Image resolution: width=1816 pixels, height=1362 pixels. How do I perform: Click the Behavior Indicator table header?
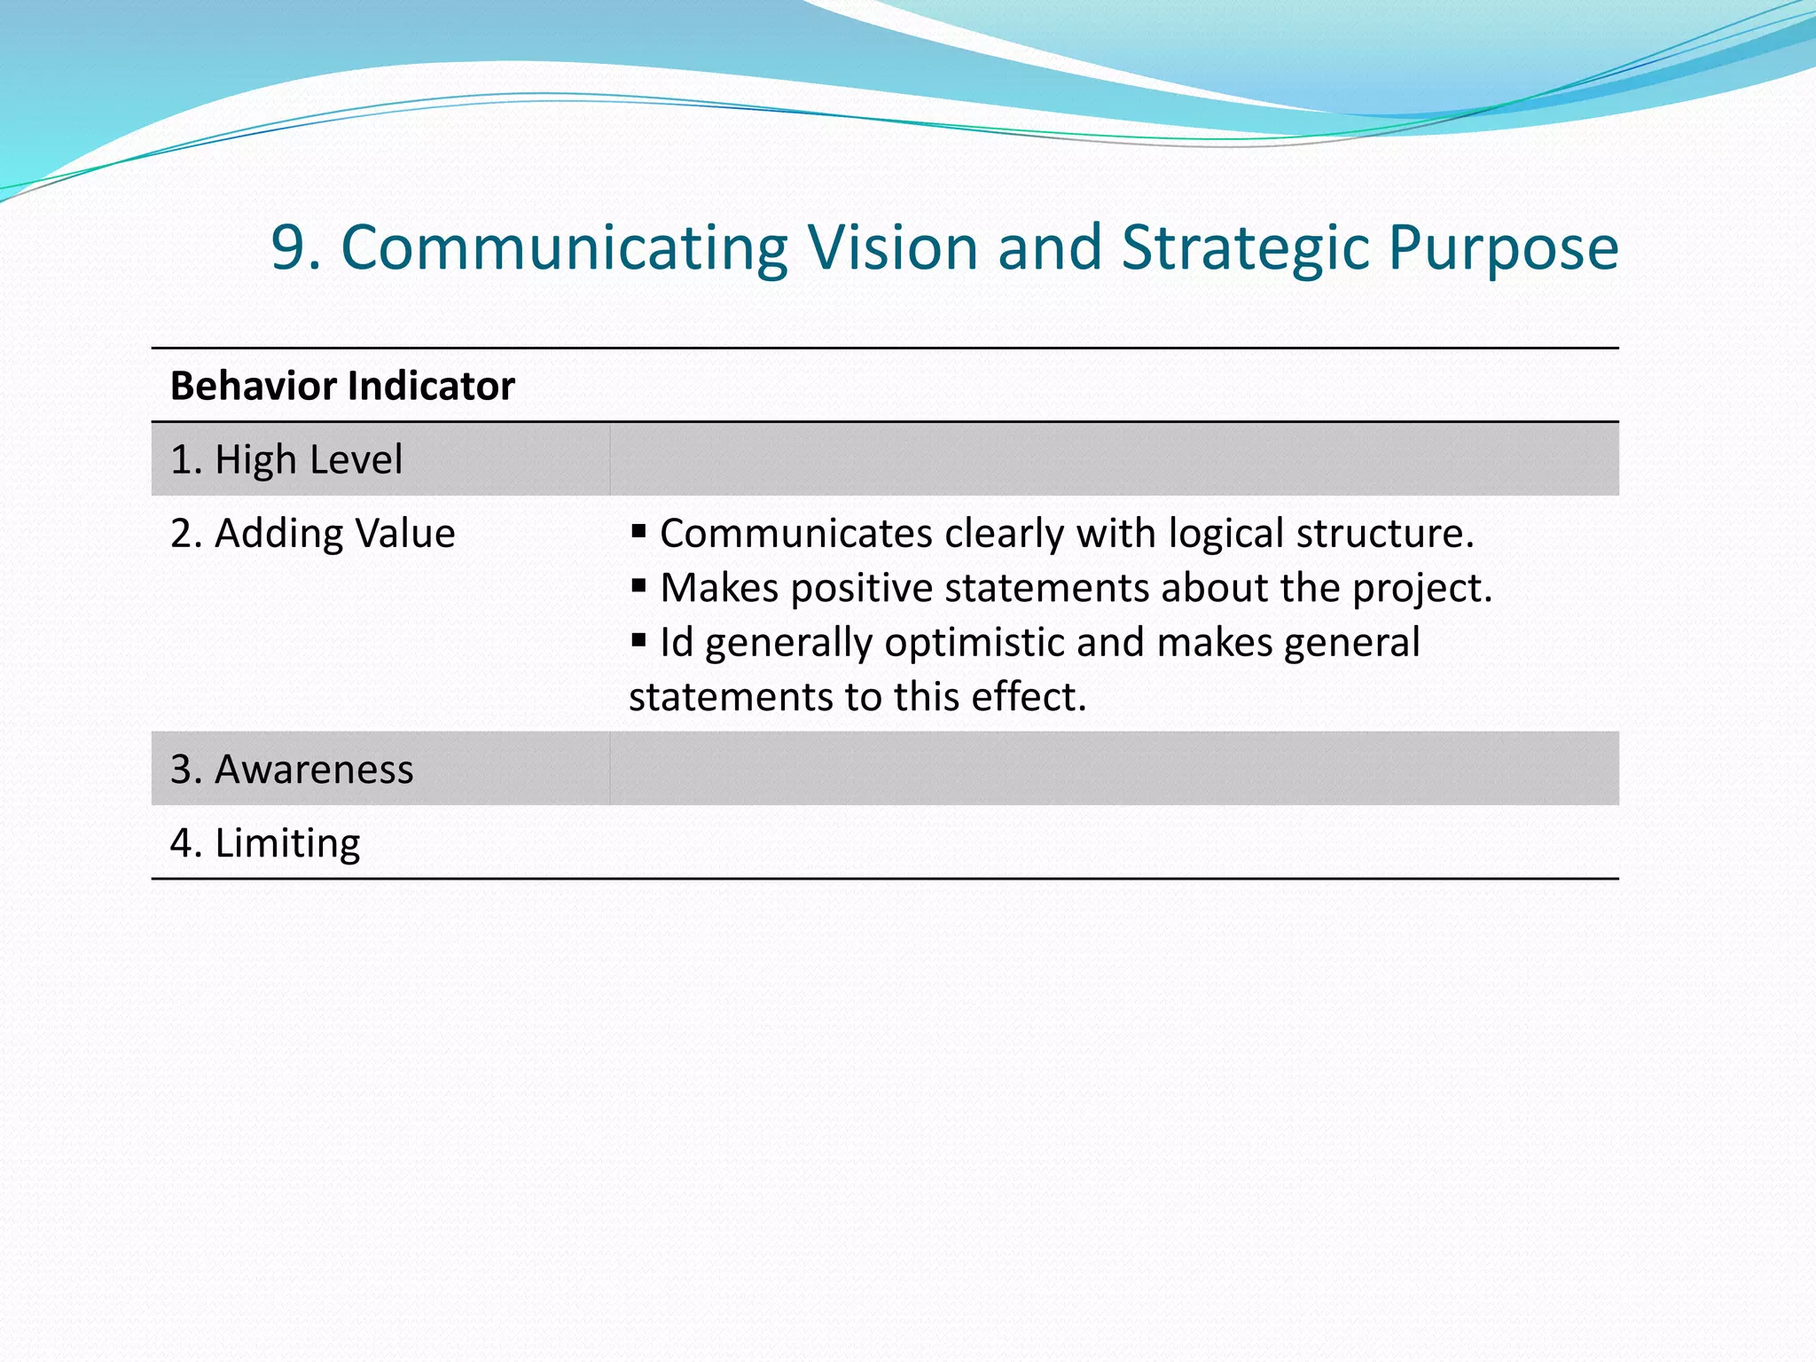click(342, 387)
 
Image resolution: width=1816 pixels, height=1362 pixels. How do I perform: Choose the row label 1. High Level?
click(286, 460)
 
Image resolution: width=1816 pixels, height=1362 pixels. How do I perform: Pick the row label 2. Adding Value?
click(312, 534)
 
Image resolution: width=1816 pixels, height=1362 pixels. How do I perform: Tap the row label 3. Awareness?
click(292, 770)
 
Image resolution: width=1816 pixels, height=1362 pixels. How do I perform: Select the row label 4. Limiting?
click(265, 843)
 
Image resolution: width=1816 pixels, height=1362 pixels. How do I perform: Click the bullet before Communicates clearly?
click(638, 532)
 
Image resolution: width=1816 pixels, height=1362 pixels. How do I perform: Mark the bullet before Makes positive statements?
click(638, 586)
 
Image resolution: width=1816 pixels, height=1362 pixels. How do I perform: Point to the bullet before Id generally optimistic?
click(638, 640)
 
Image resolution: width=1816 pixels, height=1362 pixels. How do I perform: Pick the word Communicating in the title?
click(564, 248)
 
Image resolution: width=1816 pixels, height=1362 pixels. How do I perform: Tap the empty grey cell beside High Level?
click(1114, 460)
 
